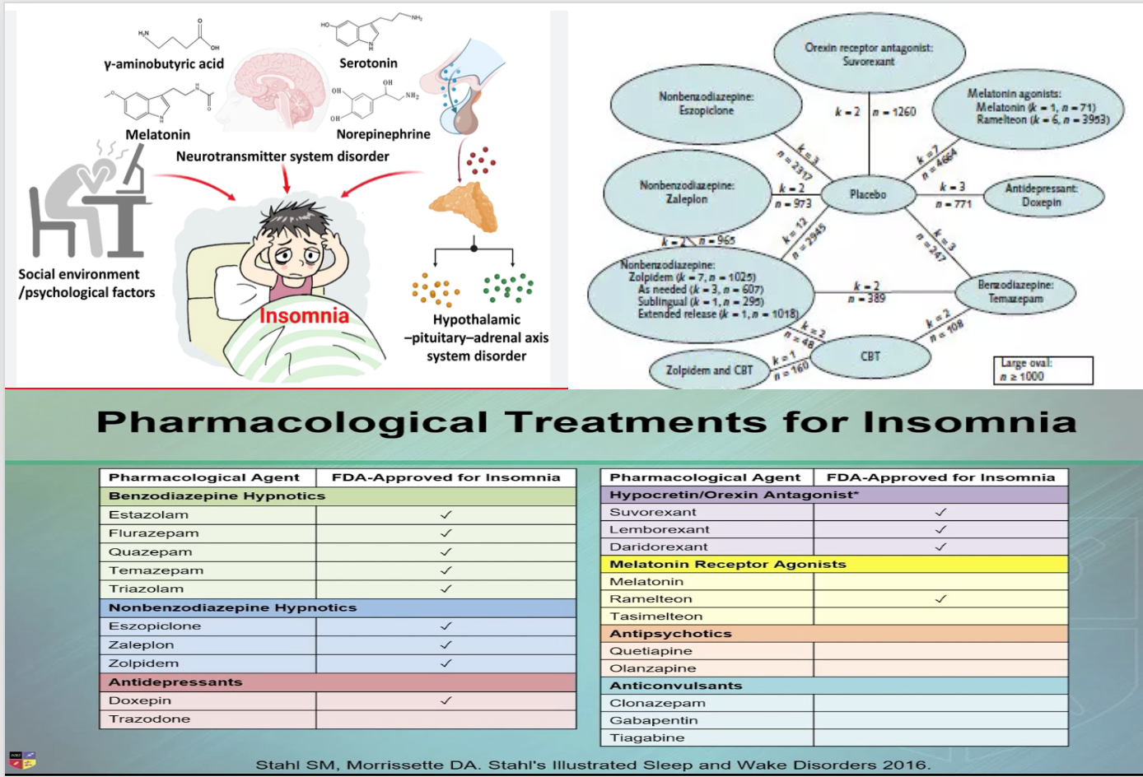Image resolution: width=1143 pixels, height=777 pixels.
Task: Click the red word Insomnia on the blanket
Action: point(304,315)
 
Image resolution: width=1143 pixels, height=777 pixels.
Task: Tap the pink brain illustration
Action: point(280,91)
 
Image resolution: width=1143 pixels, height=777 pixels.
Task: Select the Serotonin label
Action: point(368,63)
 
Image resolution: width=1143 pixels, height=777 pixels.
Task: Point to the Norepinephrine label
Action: point(383,134)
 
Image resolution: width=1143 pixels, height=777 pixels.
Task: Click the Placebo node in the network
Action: point(868,194)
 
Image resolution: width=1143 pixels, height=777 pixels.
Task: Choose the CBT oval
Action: point(870,356)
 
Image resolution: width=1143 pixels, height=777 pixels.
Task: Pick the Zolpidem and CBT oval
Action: point(709,370)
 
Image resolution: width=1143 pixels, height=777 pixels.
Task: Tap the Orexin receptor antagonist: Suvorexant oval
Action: point(869,54)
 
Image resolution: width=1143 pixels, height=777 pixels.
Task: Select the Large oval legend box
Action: point(1043,370)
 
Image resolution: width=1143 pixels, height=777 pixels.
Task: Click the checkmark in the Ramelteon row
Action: point(940,599)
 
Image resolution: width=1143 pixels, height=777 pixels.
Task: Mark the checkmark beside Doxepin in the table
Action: point(446,700)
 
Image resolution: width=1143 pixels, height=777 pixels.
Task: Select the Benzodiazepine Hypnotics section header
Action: point(217,496)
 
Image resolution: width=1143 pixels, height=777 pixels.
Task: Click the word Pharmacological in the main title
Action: point(292,422)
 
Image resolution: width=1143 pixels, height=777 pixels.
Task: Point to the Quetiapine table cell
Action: point(651,651)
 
